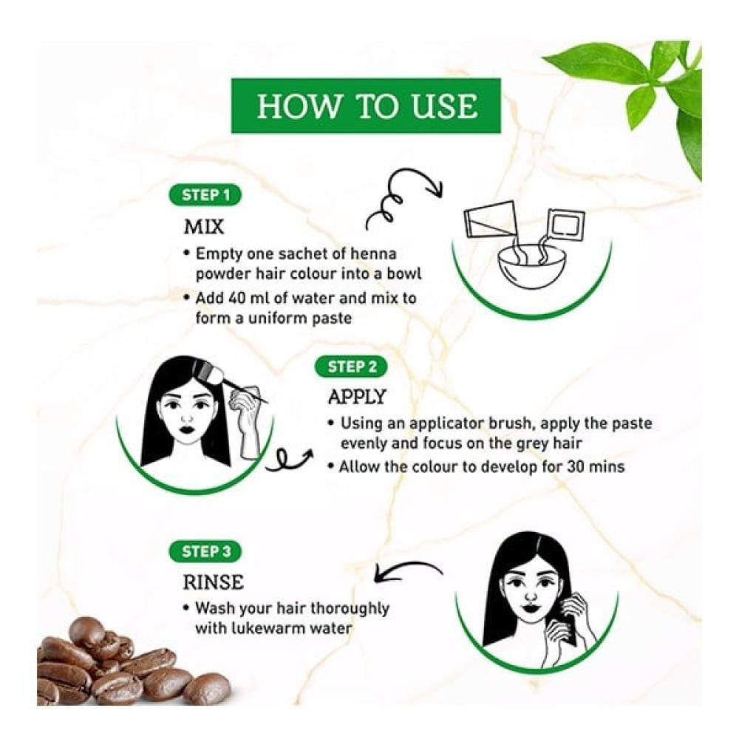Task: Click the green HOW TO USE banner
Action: [x=366, y=106]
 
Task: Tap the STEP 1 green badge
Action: [x=205, y=195]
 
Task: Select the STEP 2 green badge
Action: [x=351, y=367]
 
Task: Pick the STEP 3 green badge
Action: [x=205, y=551]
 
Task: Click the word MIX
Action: [x=204, y=227]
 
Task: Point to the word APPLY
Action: [x=357, y=397]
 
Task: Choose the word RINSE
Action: [x=213, y=582]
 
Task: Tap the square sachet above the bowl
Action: [x=565, y=223]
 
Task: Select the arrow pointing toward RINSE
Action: [x=408, y=571]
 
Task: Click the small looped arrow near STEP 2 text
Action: [x=288, y=458]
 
